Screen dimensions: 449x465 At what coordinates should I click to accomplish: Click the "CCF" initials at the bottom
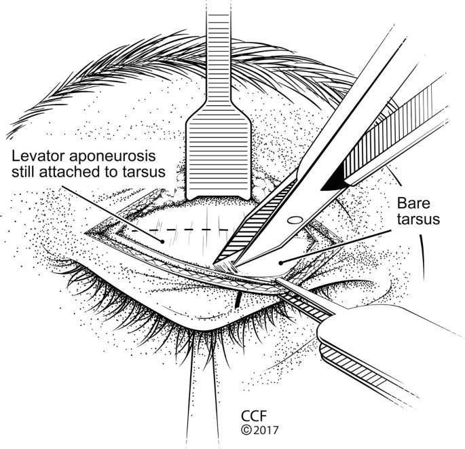[x=254, y=416]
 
